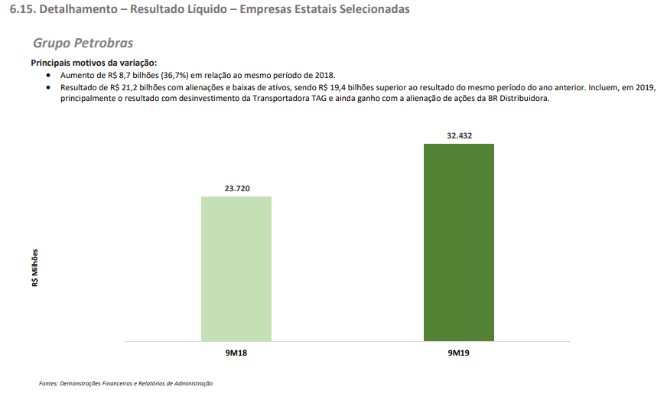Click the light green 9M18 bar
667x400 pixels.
236,268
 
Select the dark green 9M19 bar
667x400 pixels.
458,242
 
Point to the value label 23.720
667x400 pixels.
236,187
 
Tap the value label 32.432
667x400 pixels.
458,135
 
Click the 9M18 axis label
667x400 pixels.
236,353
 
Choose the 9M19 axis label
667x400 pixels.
458,353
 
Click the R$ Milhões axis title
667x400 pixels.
35,267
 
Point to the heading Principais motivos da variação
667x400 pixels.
93,62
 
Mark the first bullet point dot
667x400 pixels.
50,76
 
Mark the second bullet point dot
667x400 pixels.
50,88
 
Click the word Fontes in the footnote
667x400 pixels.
47,383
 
